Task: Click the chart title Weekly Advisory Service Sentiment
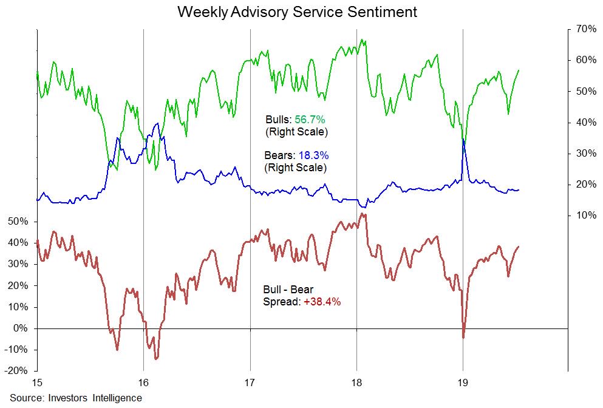point(297,12)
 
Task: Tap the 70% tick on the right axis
point(582,29)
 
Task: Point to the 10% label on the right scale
point(582,215)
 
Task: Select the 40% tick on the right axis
point(582,122)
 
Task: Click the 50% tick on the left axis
point(18,222)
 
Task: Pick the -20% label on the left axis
point(16,371)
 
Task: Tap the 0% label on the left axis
point(22,328)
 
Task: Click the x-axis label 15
point(37,382)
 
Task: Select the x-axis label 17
point(250,382)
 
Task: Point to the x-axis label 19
point(463,382)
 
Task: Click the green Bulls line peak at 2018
point(362,40)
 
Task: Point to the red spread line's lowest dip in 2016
point(156,359)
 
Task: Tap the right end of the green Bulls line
point(519,70)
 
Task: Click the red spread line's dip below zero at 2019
point(463,338)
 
